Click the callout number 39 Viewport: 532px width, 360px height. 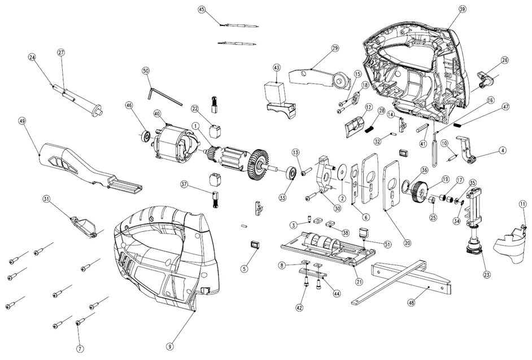coord(462,10)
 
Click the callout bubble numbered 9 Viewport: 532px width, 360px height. coord(169,345)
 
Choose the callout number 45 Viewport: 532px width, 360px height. coord(202,10)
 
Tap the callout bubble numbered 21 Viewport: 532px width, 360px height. coord(358,282)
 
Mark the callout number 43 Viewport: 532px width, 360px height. coord(277,67)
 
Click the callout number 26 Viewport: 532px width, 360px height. coord(504,60)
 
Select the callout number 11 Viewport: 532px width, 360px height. coord(522,203)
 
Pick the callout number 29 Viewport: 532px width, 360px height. coord(335,49)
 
